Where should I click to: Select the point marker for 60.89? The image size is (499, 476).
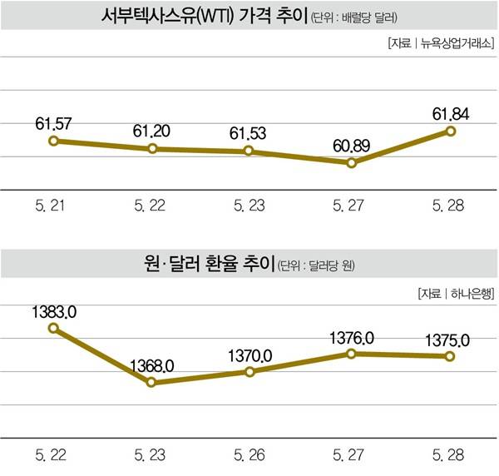pos(352,162)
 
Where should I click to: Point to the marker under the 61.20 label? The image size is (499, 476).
pos(152,148)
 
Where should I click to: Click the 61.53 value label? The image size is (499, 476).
pos(249,133)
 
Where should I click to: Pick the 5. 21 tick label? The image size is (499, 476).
pos(52,206)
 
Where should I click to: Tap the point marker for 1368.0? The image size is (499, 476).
pos(151,382)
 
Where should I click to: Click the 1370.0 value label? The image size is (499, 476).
pos(249,355)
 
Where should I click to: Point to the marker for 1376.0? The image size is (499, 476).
pos(352,354)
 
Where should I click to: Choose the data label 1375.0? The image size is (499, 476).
pos(450,340)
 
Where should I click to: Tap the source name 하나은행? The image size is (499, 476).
pos(471,293)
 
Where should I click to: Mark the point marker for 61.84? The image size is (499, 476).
pos(451,131)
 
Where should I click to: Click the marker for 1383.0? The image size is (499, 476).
pos(53,328)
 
